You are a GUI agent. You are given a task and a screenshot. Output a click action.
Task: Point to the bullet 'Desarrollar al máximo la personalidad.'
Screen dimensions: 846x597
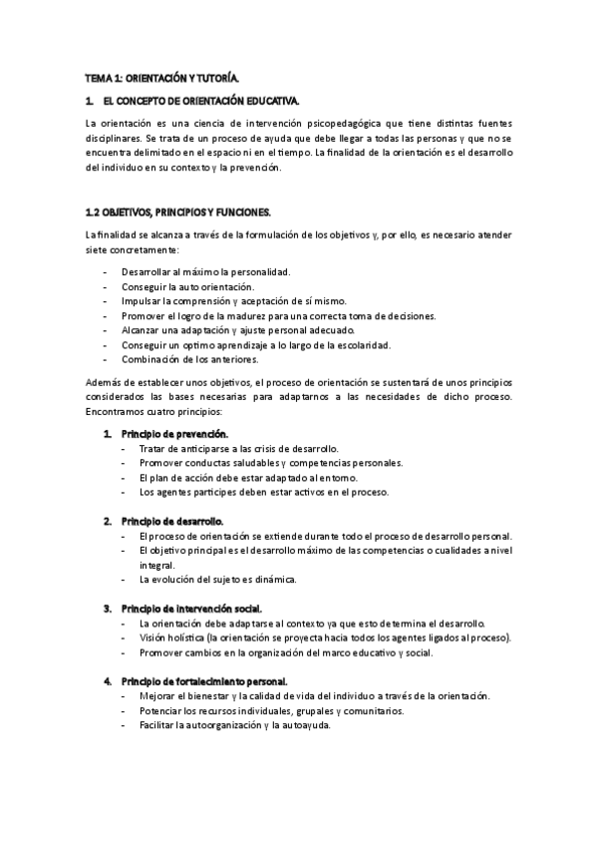coord(205,271)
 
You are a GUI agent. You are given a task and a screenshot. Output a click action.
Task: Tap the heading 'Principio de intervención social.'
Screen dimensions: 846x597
coord(193,608)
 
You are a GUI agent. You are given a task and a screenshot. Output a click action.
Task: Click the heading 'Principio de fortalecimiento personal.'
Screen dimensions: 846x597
coord(203,680)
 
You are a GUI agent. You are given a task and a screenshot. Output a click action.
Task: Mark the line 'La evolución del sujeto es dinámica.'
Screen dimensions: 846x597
coord(217,579)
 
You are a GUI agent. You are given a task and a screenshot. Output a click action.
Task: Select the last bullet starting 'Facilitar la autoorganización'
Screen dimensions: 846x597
coord(234,725)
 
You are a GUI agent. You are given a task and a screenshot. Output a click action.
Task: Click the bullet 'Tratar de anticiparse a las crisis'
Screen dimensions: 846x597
coord(239,449)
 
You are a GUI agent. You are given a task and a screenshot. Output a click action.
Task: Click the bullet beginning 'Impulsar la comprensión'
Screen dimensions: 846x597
coord(228,301)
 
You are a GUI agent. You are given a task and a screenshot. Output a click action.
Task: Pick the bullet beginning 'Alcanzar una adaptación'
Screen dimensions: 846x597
coord(243,330)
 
